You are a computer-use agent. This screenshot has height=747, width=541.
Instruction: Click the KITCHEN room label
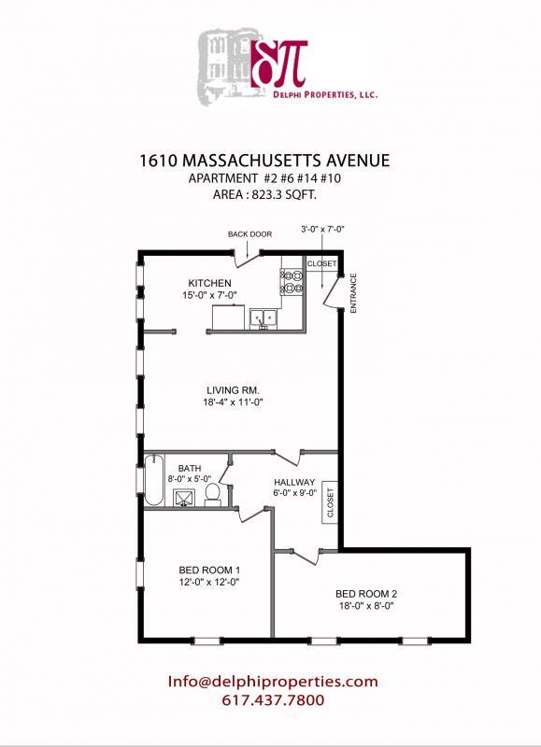tap(209, 283)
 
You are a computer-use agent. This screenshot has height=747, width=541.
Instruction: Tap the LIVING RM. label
tap(233, 390)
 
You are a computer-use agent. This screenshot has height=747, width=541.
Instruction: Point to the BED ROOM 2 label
tap(367, 593)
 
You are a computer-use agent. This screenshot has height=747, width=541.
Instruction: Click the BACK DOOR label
tap(249, 234)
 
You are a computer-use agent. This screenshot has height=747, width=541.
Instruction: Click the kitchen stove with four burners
tap(291, 282)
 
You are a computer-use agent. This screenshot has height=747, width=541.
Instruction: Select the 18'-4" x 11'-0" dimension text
tap(233, 403)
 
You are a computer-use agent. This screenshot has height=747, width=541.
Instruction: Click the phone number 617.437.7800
tap(273, 699)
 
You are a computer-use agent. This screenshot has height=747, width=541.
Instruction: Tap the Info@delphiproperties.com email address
tap(273, 682)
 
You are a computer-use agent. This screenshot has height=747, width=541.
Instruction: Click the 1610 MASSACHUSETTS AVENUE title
tap(263, 160)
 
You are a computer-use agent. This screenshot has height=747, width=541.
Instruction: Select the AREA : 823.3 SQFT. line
tap(263, 195)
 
